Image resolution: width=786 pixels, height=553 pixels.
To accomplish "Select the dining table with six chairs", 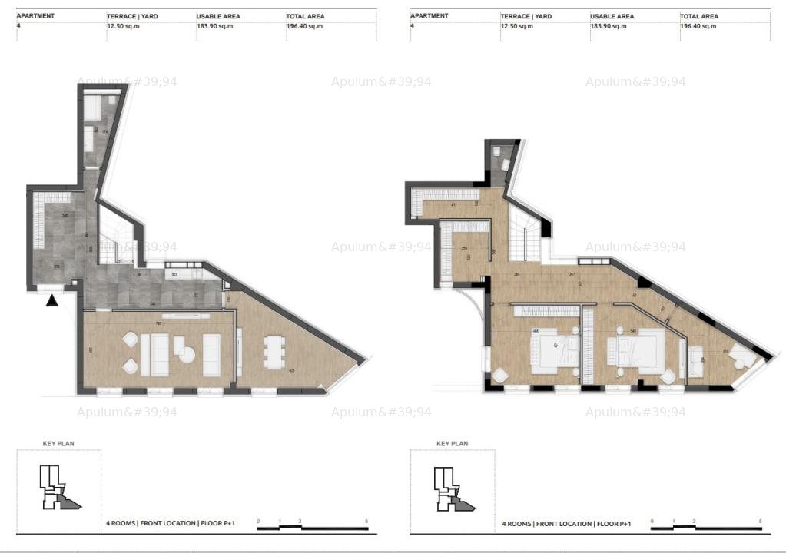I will [272, 353].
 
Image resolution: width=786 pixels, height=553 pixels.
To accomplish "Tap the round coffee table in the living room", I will [185, 353].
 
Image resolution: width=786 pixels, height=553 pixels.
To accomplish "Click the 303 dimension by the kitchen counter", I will [174, 274].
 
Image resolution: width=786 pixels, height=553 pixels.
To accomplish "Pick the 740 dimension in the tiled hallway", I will [154, 304].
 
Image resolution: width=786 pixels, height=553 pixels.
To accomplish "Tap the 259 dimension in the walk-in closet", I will [466, 249].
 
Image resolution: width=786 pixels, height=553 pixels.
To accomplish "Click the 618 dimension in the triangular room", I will [726, 353].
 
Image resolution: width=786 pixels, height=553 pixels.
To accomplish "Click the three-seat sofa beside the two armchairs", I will [160, 354].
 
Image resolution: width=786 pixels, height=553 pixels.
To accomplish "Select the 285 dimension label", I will [518, 274].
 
